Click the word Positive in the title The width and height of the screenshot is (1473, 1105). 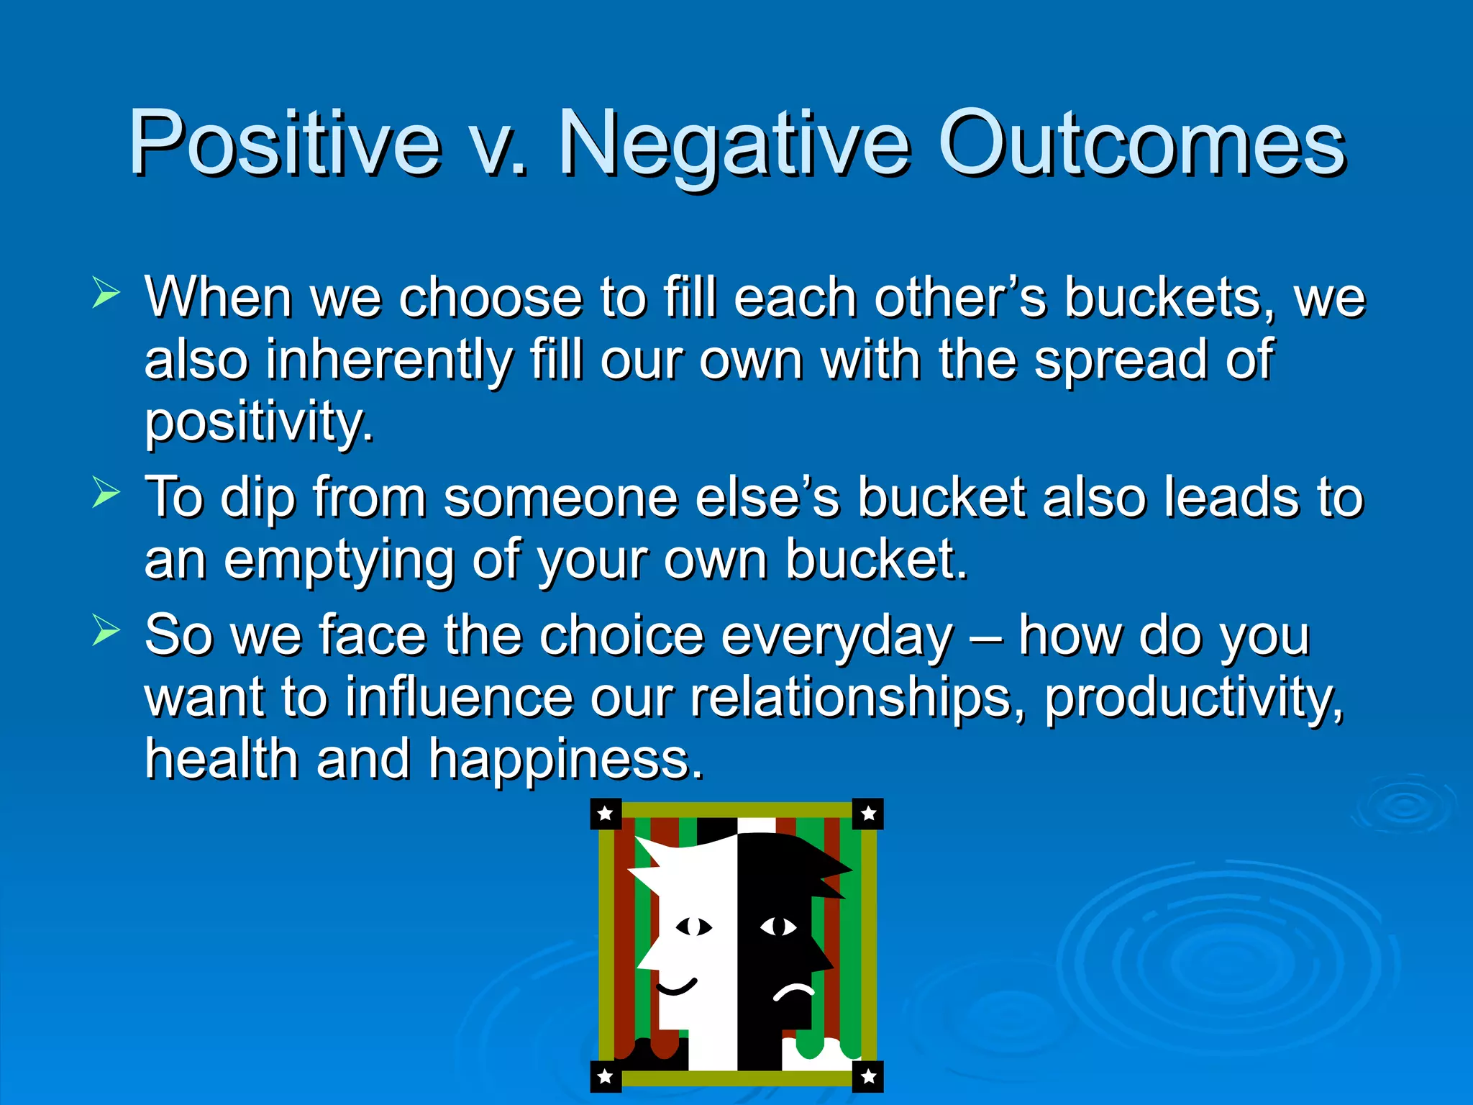tap(284, 144)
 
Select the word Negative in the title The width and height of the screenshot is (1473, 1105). tap(734, 144)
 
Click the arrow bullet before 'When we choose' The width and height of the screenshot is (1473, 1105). tap(106, 294)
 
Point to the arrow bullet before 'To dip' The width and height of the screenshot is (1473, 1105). tap(106, 494)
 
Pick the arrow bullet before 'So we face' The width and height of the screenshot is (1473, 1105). tap(106, 631)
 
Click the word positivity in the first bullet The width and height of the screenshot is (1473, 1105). tap(259, 423)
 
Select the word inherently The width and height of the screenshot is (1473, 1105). tap(389, 360)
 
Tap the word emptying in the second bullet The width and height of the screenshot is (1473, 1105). tap(339, 560)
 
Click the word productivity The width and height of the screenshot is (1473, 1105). tap(1193, 698)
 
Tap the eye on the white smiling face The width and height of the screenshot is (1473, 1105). tap(694, 927)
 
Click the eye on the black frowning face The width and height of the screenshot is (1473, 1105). tap(778, 927)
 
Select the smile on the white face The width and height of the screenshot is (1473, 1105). tap(676, 987)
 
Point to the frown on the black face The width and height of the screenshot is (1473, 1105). tap(793, 993)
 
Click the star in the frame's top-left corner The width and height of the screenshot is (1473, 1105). tap(606, 814)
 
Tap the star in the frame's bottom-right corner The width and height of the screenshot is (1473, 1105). tap(868, 1076)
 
